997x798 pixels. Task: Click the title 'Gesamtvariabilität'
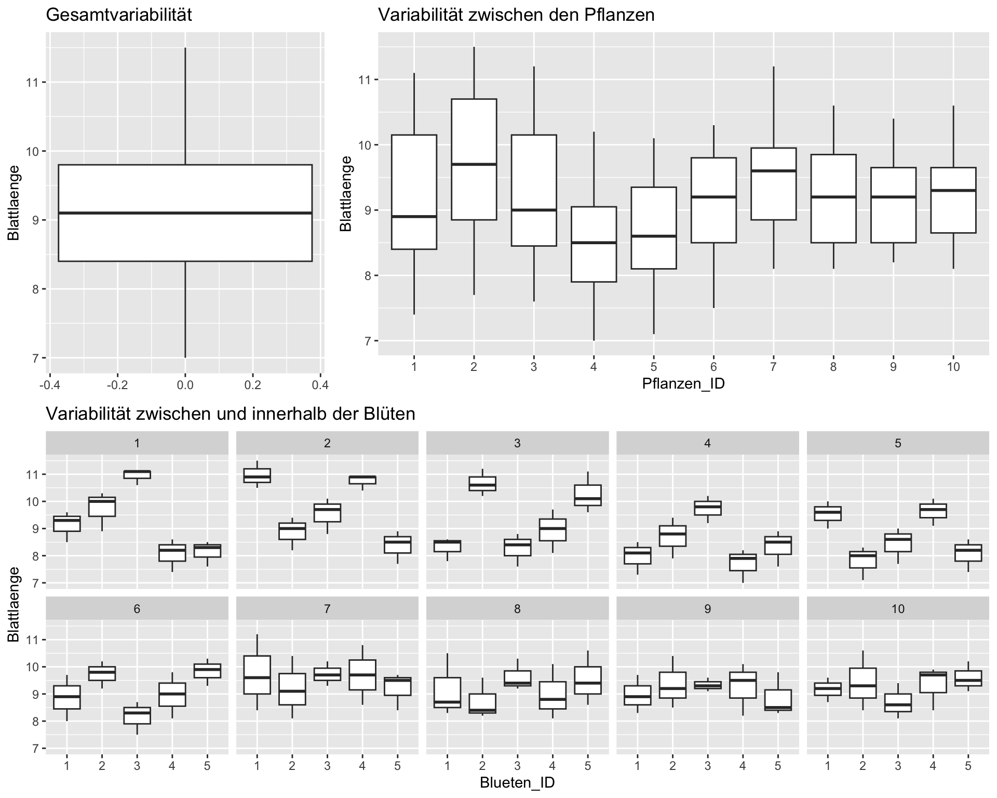pos(119,15)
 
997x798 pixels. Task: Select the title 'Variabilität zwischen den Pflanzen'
pos(516,15)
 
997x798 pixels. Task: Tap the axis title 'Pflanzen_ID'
pos(683,383)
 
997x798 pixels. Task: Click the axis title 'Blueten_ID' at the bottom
pos(517,782)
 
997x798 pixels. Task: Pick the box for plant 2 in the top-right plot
pos(474,159)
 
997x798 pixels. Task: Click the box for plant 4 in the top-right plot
pos(594,244)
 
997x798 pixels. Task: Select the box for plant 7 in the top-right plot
pos(773,184)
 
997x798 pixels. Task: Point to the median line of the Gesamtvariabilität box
pos(185,213)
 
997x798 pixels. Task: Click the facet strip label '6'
pos(137,609)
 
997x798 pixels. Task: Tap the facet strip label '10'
pos(898,609)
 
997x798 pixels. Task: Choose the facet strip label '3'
pos(517,443)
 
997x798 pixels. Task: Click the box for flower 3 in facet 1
pos(137,474)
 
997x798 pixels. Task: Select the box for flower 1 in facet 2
pos(257,475)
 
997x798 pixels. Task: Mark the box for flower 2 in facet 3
pos(482,484)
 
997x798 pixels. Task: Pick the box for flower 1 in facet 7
pos(257,674)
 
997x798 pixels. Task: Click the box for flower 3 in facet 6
pos(137,715)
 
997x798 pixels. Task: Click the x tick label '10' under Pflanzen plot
pos(953,367)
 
